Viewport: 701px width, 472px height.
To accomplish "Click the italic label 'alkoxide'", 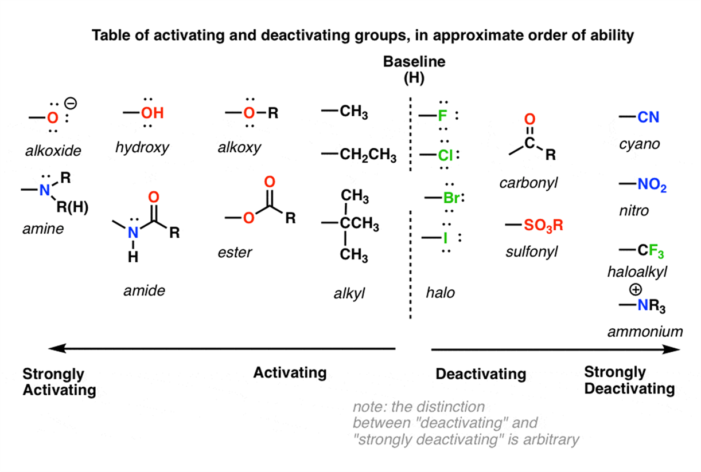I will [x=53, y=151].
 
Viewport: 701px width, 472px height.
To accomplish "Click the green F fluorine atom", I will [x=442, y=117].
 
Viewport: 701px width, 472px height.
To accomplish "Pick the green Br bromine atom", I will [x=450, y=199].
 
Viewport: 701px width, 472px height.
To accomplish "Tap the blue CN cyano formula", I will [x=648, y=118].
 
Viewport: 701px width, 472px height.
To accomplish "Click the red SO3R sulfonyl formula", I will [x=543, y=226].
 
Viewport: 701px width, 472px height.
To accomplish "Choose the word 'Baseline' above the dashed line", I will [x=414, y=62].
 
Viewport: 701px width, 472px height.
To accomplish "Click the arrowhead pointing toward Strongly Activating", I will [x=54, y=348].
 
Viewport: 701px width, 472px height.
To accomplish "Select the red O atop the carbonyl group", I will [x=529, y=119].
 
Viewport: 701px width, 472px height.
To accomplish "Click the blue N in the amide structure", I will [x=133, y=233].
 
